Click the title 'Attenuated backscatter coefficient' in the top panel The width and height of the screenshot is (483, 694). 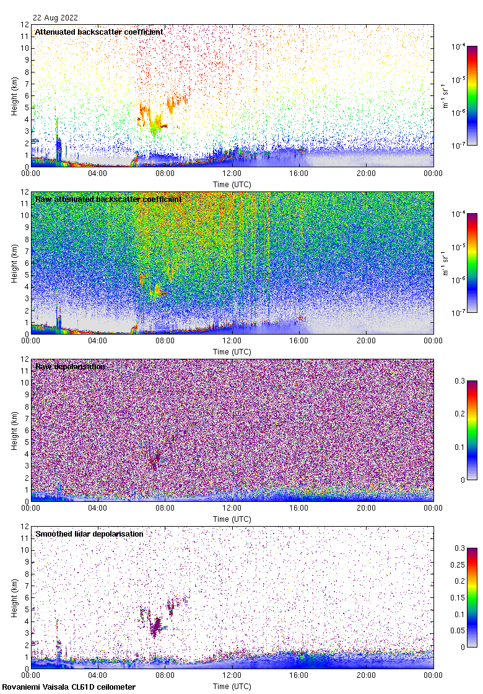(x=99, y=32)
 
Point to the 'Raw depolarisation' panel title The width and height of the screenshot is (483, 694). (x=70, y=366)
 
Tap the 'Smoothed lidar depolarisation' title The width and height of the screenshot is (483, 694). (x=89, y=534)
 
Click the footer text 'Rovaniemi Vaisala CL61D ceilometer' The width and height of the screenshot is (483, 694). (x=69, y=687)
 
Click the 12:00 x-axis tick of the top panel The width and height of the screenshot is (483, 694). (x=232, y=174)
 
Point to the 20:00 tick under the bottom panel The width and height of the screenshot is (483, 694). (x=366, y=676)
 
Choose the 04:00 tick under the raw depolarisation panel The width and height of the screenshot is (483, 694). (x=98, y=509)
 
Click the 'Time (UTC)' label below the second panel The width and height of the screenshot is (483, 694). (x=232, y=351)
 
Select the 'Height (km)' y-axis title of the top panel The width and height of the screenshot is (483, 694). (x=14, y=96)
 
